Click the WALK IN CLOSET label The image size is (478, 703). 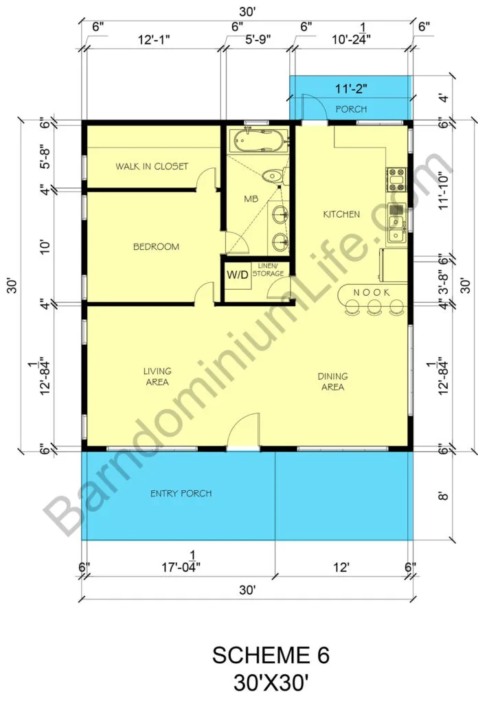pos(152,166)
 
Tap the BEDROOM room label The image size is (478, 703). pos(156,246)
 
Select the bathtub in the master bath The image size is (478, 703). pos(258,140)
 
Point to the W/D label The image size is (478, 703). pos(237,275)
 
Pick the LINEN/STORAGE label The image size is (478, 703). pos(268,269)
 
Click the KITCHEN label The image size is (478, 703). pos(341,214)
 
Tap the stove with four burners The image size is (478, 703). pos(396,179)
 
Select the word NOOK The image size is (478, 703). pos(372,292)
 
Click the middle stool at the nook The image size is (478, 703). pos(374,307)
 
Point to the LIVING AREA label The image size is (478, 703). pos(157,377)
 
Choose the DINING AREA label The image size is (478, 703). pos(332,382)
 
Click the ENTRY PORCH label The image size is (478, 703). pos(181,494)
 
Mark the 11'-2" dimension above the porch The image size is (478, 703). pos(351,89)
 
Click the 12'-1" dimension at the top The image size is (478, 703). pos(153,39)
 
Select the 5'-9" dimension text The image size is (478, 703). pos(258,39)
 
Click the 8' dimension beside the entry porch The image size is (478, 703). pos(442,496)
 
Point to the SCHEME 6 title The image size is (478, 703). pos(271,655)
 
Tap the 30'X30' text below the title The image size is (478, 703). pos(271,683)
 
